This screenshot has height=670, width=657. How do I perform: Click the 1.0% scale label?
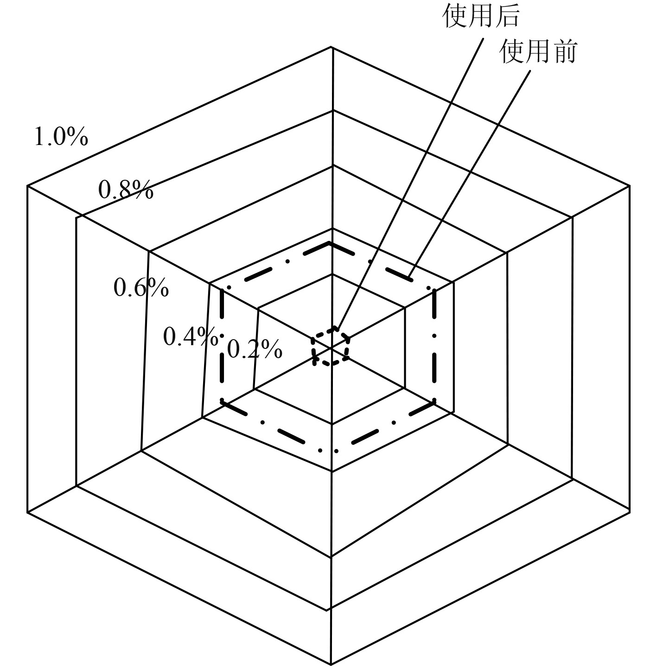click(x=61, y=137)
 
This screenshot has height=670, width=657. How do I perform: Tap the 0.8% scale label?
click(x=126, y=190)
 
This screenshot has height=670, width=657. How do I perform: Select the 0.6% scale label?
click(x=141, y=288)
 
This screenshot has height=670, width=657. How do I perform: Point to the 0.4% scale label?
click(x=190, y=336)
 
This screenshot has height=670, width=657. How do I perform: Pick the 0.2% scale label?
click(x=255, y=349)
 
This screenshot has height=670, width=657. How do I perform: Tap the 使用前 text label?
click(x=538, y=51)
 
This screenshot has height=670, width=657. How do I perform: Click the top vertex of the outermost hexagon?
click(x=332, y=47)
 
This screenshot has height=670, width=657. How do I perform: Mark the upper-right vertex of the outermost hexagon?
click(x=629, y=186)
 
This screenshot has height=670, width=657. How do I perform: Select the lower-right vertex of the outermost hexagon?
click(x=629, y=512)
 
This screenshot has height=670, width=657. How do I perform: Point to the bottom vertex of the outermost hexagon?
click(x=331, y=664)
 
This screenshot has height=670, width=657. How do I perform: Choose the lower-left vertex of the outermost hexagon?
click(x=28, y=512)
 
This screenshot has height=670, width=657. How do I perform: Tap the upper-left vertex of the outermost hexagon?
click(x=28, y=186)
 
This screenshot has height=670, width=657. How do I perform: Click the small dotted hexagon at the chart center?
click(x=331, y=347)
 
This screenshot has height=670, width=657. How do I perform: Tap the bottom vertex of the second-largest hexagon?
click(x=329, y=610)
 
